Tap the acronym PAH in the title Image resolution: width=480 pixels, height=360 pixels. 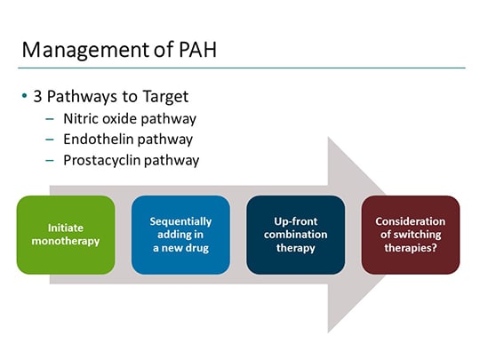pos(196,50)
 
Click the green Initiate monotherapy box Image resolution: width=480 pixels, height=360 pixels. pos(66,235)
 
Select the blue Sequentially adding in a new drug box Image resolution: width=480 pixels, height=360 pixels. pos(180,235)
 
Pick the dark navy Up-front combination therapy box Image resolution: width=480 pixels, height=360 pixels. pos(295,235)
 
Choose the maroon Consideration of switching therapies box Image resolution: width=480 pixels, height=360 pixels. pos(410,235)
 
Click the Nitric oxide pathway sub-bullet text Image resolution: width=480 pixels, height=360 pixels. pos(130,118)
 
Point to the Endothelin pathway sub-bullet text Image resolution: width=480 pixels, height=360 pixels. pos(128,140)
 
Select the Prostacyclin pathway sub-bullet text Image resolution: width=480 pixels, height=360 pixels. pos(131,161)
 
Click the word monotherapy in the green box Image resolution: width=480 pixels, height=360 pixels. pos(66,241)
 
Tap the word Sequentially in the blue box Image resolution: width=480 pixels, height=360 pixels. pos(180,221)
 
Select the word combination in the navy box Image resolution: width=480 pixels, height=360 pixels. pos(295,235)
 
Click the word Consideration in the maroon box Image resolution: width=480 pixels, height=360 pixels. pos(410,221)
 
